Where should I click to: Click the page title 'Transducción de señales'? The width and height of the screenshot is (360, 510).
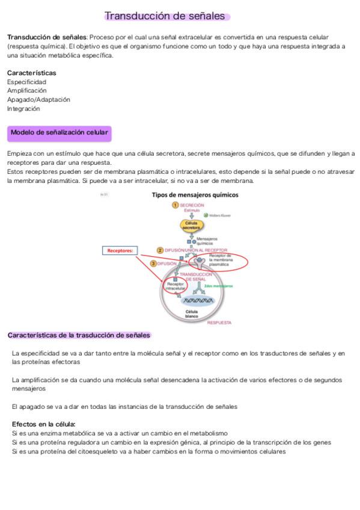(165, 16)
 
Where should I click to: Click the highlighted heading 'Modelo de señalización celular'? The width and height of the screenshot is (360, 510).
(59, 132)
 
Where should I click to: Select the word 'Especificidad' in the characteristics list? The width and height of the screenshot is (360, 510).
(26, 82)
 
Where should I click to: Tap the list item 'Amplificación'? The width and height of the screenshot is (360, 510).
(26, 91)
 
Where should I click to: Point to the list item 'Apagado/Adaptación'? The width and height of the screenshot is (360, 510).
(38, 100)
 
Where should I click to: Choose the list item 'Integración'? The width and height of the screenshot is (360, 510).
(23, 109)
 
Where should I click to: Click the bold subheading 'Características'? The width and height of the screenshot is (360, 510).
(31, 73)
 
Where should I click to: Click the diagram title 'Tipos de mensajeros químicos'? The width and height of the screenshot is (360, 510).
(195, 195)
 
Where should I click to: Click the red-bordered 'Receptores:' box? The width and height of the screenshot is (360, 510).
(120, 251)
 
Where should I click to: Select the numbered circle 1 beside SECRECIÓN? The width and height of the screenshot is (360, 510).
(175, 205)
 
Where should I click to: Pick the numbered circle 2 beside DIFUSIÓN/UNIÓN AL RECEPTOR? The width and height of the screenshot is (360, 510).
(160, 250)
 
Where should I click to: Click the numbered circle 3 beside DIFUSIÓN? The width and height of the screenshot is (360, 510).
(153, 263)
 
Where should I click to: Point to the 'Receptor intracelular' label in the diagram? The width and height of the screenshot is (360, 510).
(175, 286)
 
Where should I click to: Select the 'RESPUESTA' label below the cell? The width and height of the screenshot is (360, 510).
(219, 322)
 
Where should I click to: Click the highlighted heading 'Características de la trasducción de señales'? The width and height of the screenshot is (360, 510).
(79, 335)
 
